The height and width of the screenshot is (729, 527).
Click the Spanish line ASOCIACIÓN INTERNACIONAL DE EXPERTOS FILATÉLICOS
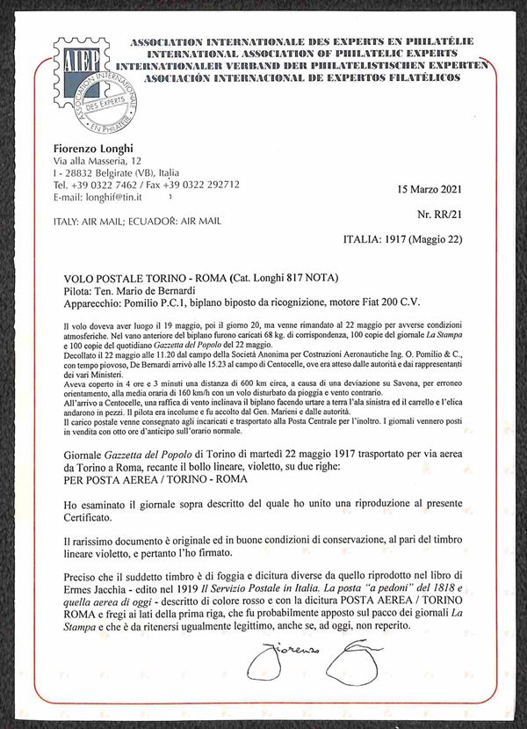pyautogui.click(x=294, y=77)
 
